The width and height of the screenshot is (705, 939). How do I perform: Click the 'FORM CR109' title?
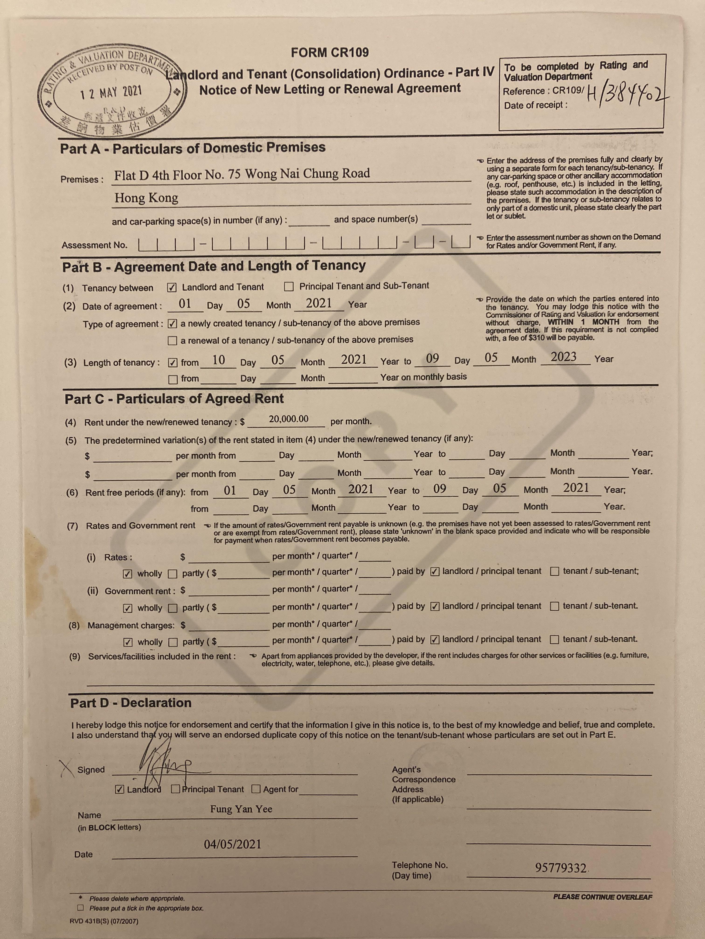330,53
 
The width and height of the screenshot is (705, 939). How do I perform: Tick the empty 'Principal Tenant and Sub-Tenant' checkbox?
289,286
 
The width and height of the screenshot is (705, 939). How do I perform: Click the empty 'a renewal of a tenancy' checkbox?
173,340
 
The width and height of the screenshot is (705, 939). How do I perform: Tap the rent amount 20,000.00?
289,419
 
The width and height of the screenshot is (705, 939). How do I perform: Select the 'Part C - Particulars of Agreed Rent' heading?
174,399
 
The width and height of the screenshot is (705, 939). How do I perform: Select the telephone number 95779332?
561,868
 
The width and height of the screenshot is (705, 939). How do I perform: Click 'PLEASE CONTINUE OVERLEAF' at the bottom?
602,897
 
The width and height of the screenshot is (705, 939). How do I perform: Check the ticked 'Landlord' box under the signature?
120,789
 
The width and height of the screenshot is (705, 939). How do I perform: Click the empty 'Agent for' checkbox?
256,789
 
